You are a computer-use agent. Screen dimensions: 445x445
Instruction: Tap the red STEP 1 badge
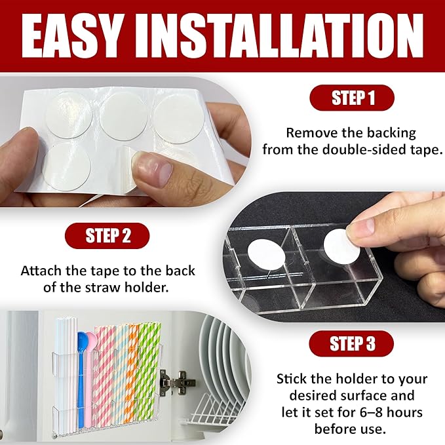352,98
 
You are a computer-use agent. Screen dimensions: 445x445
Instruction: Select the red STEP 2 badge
107,236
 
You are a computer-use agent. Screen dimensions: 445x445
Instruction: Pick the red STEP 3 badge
351,343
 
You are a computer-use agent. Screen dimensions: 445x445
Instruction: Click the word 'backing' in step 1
391,133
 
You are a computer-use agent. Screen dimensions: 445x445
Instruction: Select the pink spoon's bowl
91,341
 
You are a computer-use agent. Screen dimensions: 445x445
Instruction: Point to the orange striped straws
132,375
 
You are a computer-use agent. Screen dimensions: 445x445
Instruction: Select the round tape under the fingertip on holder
341,246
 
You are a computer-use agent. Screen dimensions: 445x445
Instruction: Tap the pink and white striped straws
104,375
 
